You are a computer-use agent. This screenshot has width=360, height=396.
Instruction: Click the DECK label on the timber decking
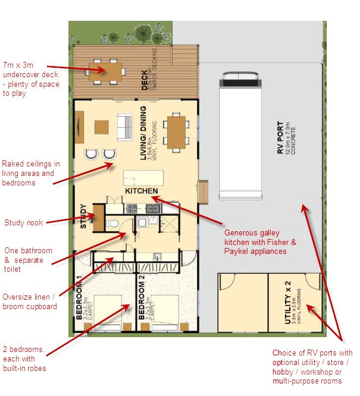tap(145, 80)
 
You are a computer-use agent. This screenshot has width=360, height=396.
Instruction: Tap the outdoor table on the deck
tap(105, 70)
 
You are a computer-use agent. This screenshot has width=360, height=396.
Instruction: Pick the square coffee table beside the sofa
tap(102, 127)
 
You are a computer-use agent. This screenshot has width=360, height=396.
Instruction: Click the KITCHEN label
tap(141, 191)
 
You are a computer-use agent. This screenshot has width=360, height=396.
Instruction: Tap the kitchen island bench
tap(142, 178)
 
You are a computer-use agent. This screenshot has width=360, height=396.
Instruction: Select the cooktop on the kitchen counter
tap(132, 209)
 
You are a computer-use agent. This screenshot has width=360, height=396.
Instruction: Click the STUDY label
tap(84, 217)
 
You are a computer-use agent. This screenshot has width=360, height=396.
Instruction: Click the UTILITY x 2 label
tap(290, 301)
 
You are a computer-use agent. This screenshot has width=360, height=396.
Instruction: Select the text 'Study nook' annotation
tap(23, 223)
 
